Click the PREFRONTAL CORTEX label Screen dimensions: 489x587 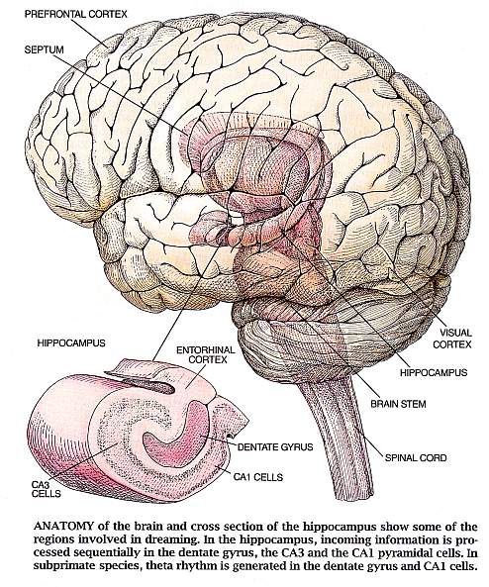point(75,14)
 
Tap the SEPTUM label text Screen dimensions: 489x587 point(45,49)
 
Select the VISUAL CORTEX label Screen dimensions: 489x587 point(451,339)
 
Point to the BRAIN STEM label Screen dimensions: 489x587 point(398,404)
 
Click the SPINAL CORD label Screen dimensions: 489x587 point(416,458)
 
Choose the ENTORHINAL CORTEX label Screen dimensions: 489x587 point(206,355)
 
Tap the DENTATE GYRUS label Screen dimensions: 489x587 point(275,447)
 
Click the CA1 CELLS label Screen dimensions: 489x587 point(258,477)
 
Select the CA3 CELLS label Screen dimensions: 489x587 point(46,489)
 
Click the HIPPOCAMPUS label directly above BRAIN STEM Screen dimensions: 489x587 point(434,373)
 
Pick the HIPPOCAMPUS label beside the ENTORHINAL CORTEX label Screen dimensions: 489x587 point(71,342)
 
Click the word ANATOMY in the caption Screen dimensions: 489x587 point(63,527)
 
